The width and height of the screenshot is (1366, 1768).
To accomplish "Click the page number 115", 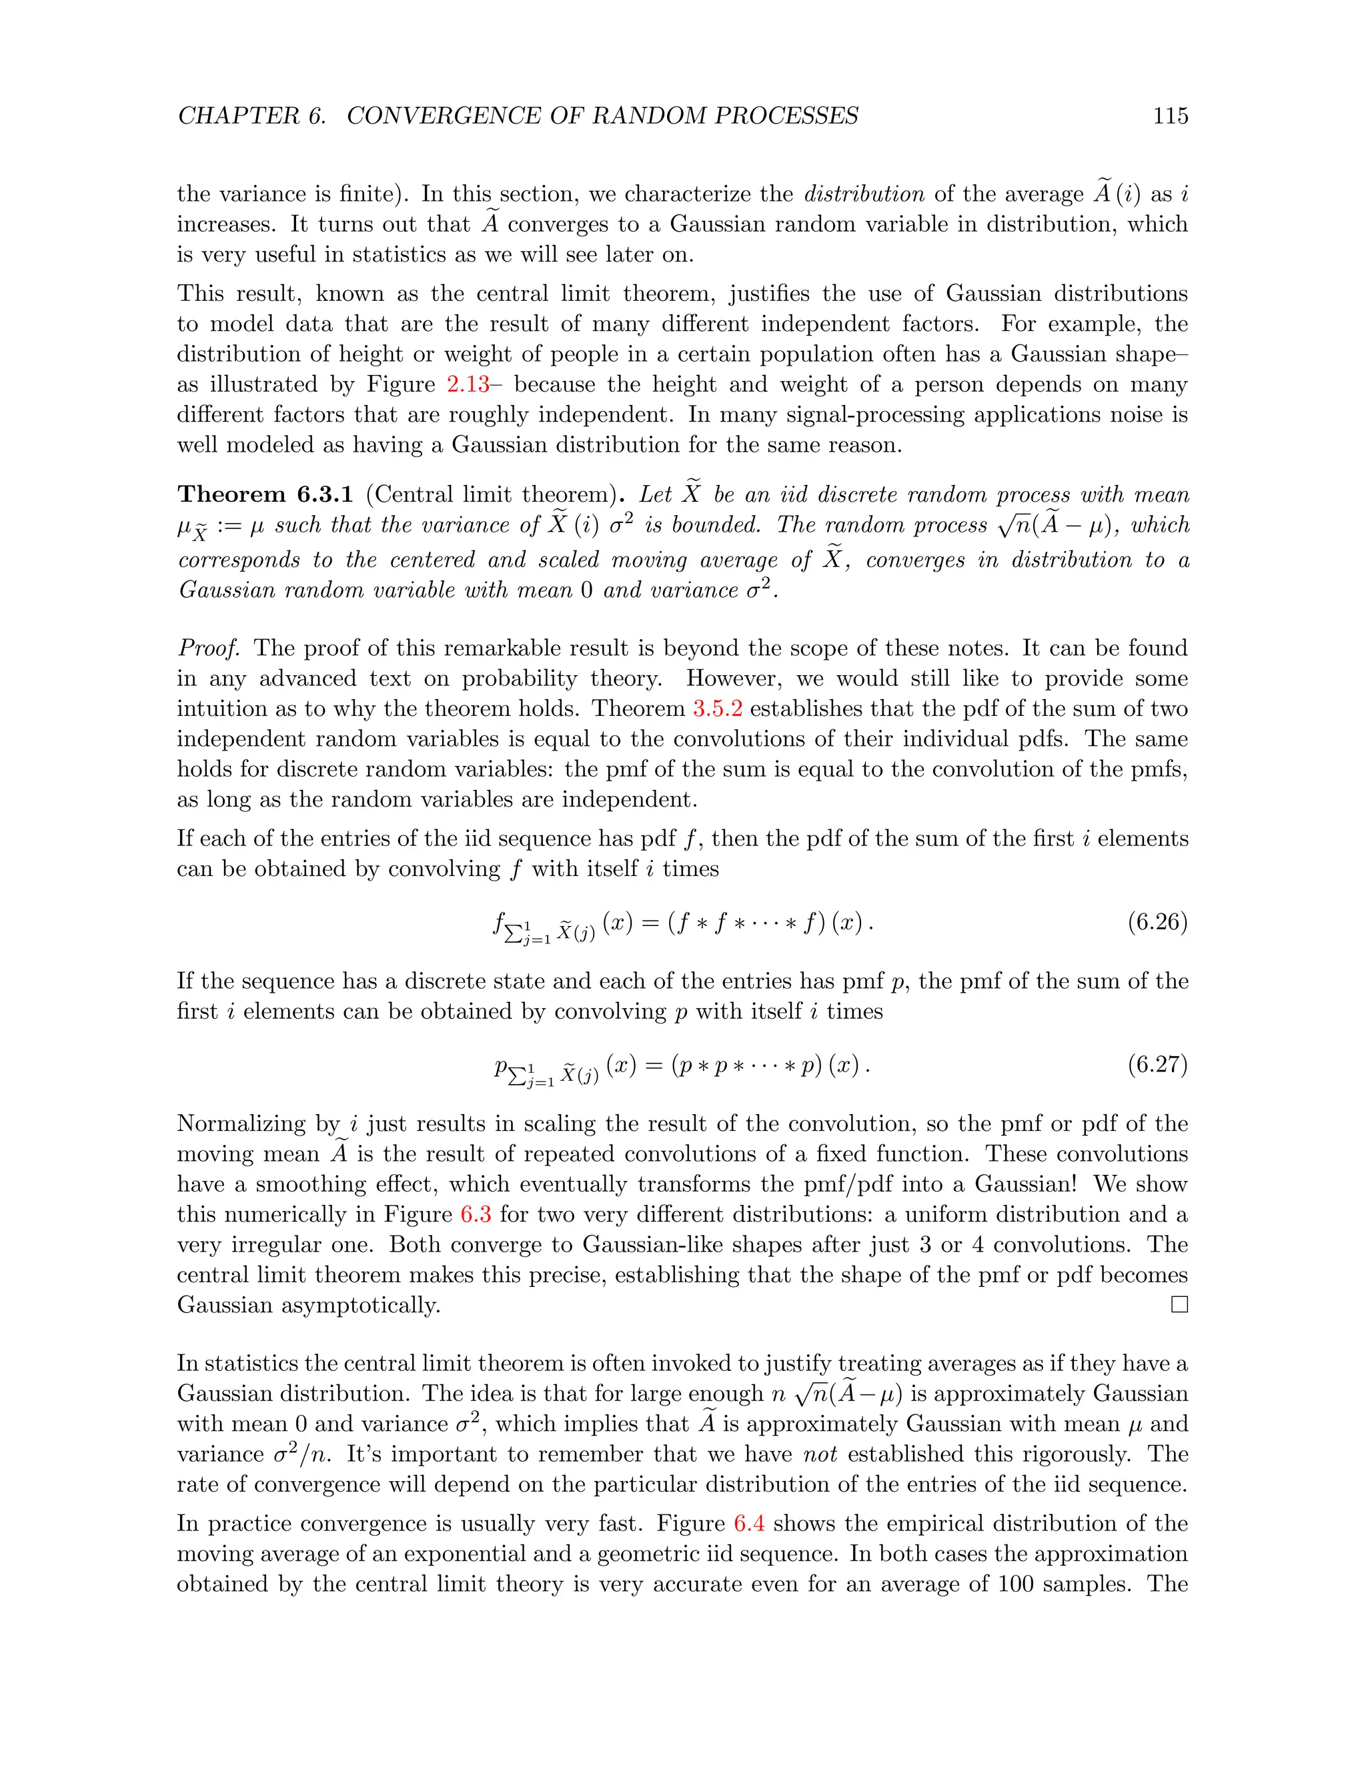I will click(1170, 116).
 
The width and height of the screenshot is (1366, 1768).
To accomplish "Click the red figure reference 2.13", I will click(468, 384).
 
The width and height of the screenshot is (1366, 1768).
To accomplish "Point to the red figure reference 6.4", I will click(748, 1524).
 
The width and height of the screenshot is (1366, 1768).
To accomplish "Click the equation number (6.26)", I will click(1157, 922).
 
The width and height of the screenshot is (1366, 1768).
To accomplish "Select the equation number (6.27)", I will click(1157, 1065).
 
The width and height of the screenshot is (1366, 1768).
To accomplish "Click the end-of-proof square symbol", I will click(1179, 1305).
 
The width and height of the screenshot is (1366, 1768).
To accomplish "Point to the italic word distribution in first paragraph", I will click(864, 194).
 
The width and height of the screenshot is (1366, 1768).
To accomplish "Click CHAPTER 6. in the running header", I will click(251, 116).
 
